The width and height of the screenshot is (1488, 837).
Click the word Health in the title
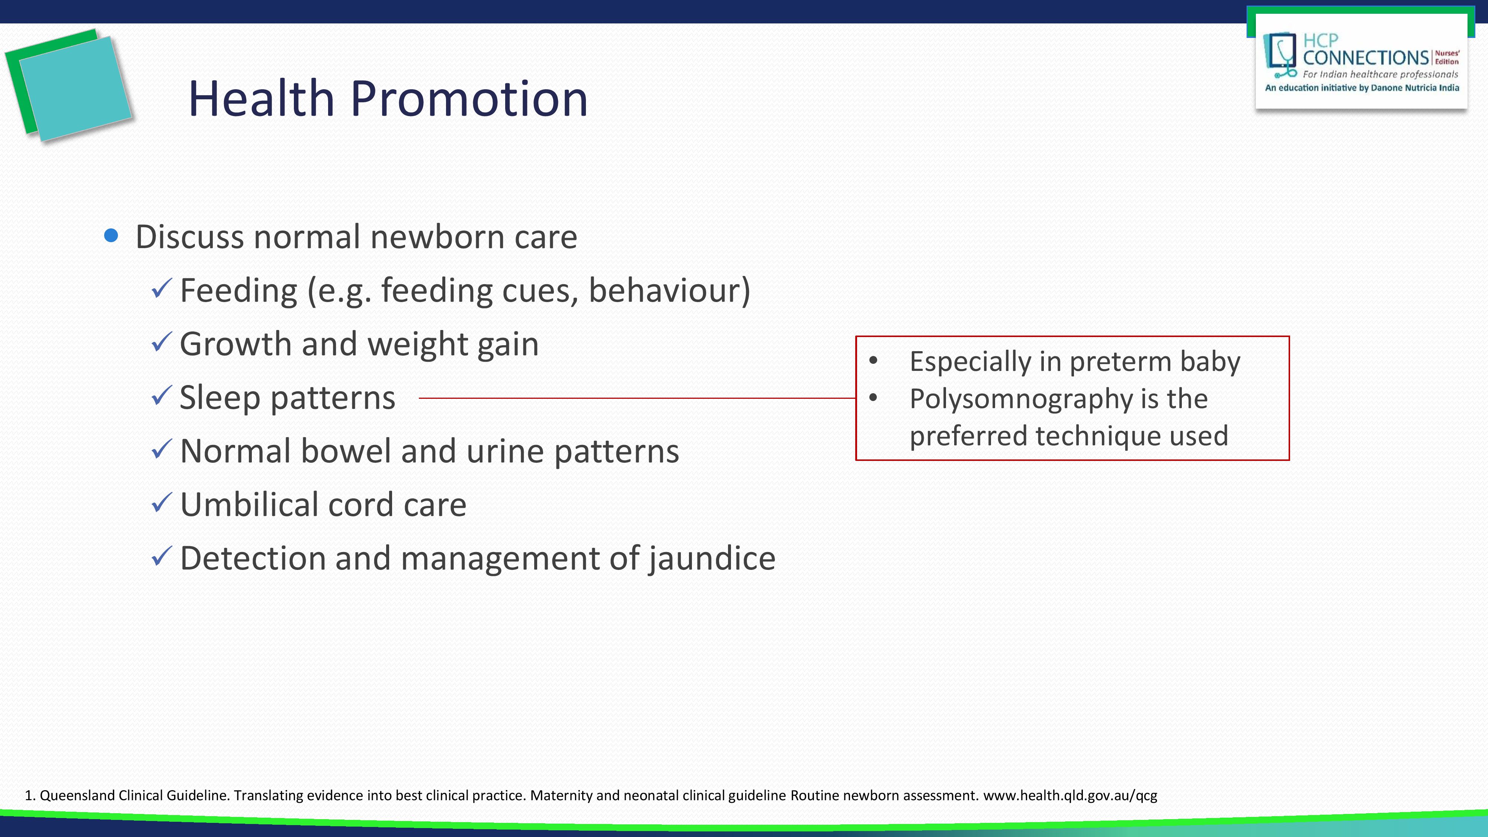(x=261, y=99)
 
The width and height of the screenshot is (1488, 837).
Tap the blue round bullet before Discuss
(x=112, y=236)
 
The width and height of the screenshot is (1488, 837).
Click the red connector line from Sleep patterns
(x=635, y=398)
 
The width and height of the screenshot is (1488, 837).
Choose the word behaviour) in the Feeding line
(x=669, y=290)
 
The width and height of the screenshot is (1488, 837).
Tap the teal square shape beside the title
(x=75, y=87)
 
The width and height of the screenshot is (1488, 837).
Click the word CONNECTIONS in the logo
(x=1366, y=58)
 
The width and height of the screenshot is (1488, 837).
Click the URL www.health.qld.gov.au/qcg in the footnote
(x=1070, y=795)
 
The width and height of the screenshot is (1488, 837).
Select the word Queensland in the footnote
(x=77, y=795)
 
